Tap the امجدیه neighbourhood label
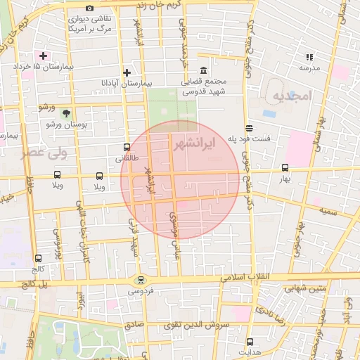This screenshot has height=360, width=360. pos(290,95)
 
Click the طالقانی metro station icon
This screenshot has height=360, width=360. pos(127,148)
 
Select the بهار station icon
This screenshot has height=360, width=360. pos(285,167)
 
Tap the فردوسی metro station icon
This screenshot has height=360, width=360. pos(141,279)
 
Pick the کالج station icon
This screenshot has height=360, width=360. pos(37,258)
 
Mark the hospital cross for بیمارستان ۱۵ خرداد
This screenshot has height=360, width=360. pos(44,55)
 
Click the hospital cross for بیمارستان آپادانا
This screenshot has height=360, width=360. pos(127,72)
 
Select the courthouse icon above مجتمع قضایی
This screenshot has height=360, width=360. pos(204,71)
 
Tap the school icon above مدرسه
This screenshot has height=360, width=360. pos(309,57)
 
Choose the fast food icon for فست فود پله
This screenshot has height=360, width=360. pos(250,127)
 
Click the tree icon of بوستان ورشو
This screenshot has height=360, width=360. pos(65,112)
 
